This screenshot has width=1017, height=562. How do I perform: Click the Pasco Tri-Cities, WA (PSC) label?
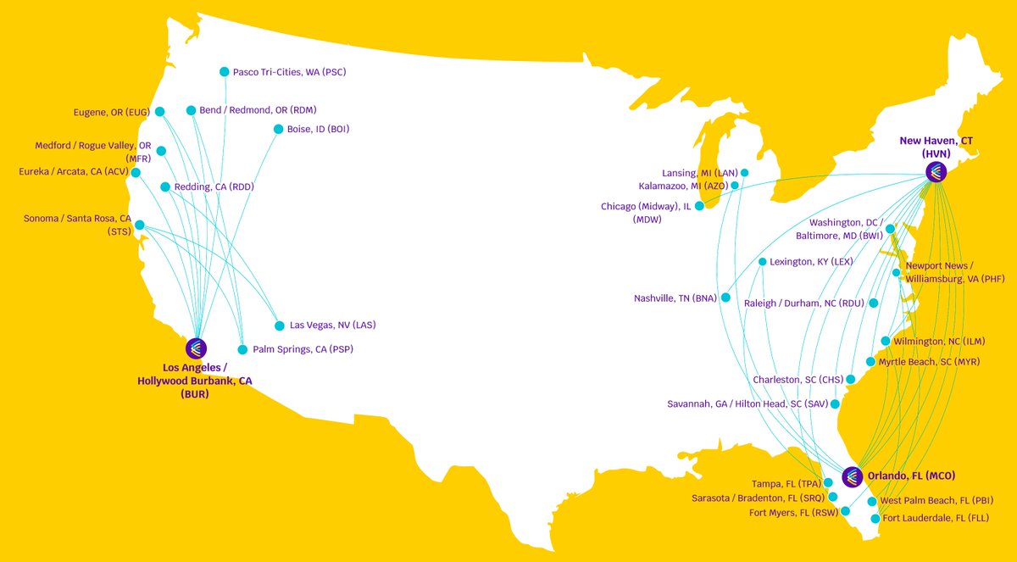click(x=289, y=72)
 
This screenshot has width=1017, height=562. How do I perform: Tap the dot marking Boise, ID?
click(x=279, y=129)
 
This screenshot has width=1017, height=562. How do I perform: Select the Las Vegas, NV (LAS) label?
click(x=332, y=325)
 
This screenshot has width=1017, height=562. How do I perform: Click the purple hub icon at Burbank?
click(x=196, y=348)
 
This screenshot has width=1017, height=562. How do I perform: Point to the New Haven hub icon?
click(x=935, y=173)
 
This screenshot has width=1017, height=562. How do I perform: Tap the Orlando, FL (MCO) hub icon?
click(x=852, y=476)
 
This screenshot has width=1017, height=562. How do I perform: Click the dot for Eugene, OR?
click(x=159, y=111)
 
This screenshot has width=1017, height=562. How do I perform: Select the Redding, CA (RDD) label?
click(x=214, y=186)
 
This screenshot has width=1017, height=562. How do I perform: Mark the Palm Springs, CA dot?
click(x=242, y=349)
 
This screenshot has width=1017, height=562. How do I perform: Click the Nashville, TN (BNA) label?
click(x=675, y=298)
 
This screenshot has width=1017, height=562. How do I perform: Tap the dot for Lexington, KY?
click(x=762, y=262)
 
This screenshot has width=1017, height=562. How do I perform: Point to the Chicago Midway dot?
click(x=699, y=206)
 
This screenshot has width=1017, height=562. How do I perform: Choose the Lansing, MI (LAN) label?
click(x=700, y=173)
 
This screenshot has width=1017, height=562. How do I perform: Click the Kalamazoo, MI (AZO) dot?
click(x=735, y=185)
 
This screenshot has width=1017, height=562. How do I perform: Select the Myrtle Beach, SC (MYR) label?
click(x=929, y=362)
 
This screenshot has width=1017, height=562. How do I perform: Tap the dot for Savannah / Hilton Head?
click(x=835, y=404)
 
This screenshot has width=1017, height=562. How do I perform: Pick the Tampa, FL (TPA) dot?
click(x=828, y=482)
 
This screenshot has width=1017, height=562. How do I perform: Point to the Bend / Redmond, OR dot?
click(x=191, y=110)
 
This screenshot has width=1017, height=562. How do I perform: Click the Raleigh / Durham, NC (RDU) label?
click(x=804, y=303)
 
